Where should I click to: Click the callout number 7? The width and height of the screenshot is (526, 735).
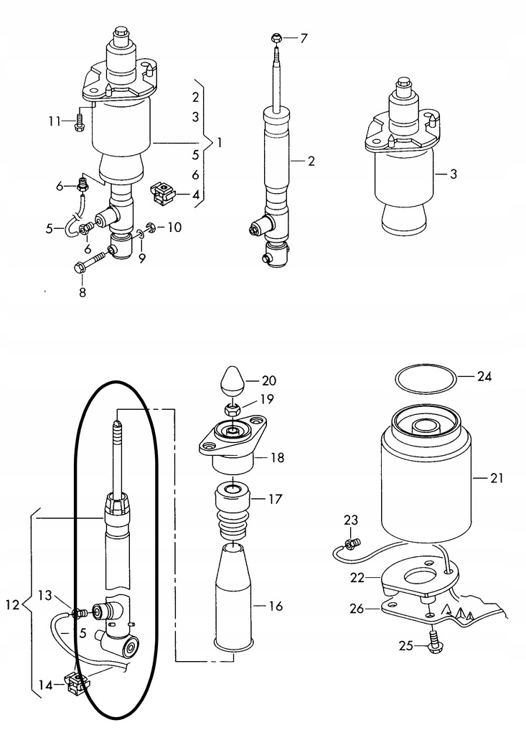[304, 39]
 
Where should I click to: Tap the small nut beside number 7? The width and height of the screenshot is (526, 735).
[276, 37]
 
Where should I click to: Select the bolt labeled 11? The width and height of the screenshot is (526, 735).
[78, 122]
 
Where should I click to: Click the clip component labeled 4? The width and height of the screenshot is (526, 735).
[162, 192]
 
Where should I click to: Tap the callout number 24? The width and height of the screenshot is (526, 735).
[484, 376]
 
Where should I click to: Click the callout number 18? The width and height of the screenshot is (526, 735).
[278, 457]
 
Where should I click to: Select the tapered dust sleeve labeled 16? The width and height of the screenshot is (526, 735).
[233, 598]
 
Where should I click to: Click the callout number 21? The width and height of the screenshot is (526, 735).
[496, 478]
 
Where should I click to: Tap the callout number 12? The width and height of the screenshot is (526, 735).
[13, 604]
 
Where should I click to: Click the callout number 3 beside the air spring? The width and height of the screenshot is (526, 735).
[453, 174]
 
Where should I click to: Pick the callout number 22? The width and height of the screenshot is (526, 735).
[357, 578]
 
